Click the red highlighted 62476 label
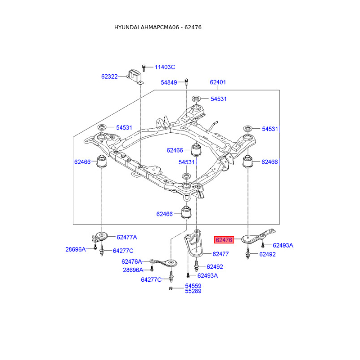(x=224, y=240)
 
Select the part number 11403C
(x=165, y=67)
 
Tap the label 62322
(x=109, y=76)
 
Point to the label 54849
(x=170, y=82)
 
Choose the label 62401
(x=218, y=82)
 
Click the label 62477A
(x=127, y=237)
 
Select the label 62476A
(x=131, y=261)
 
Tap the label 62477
(x=220, y=254)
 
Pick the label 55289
(x=193, y=291)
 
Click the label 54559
(x=193, y=286)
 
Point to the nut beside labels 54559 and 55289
(x=172, y=288)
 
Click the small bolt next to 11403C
(x=144, y=67)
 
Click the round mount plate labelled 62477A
(x=101, y=236)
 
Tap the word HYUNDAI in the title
(x=126, y=27)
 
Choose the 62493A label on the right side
(x=283, y=245)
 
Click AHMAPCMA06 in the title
(x=159, y=27)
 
